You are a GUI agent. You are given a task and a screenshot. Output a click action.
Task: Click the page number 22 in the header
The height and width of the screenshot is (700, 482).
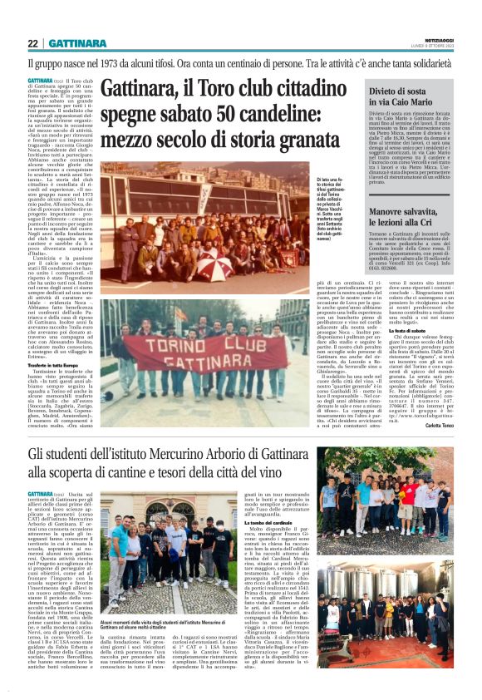(33, 43)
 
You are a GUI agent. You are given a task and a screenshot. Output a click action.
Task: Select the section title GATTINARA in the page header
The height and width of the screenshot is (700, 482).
(76, 43)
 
